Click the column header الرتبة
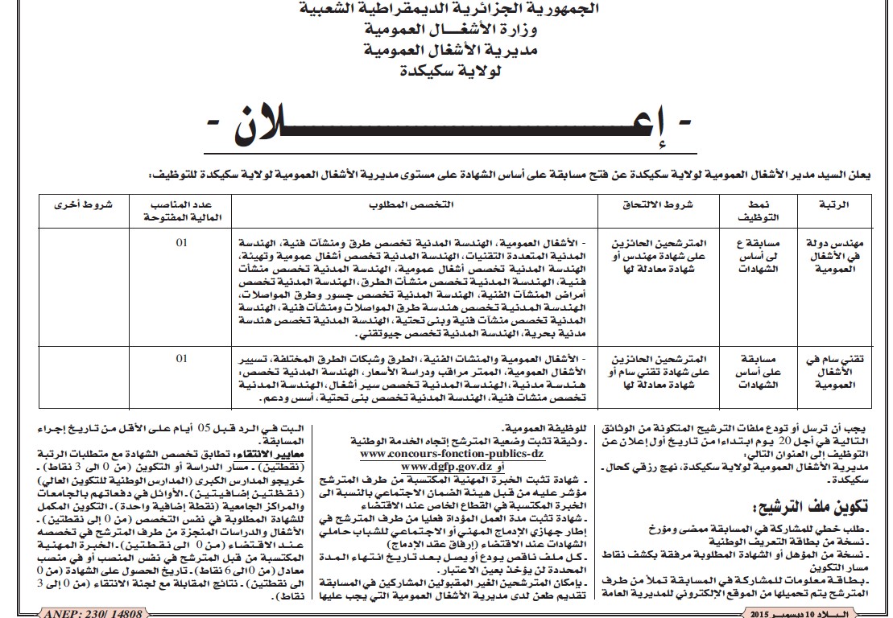(838, 205)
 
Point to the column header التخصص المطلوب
(420, 205)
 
